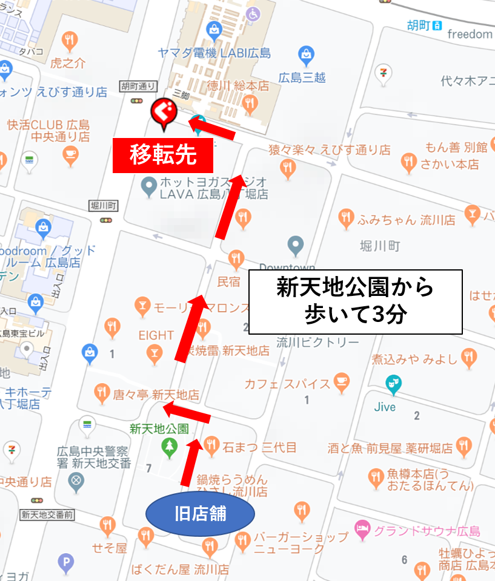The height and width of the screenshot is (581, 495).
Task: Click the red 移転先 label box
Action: point(163,155)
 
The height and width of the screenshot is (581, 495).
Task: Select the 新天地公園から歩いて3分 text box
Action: point(356,301)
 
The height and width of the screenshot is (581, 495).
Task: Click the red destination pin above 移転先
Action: point(162,113)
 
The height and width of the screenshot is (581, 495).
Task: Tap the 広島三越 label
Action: point(302,77)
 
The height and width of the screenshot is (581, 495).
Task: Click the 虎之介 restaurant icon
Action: point(70,41)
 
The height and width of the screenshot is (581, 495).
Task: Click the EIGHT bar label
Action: point(156,335)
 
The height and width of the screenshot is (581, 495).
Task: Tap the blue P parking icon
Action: point(65,563)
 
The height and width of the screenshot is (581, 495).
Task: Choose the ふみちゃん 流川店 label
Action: point(406,219)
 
